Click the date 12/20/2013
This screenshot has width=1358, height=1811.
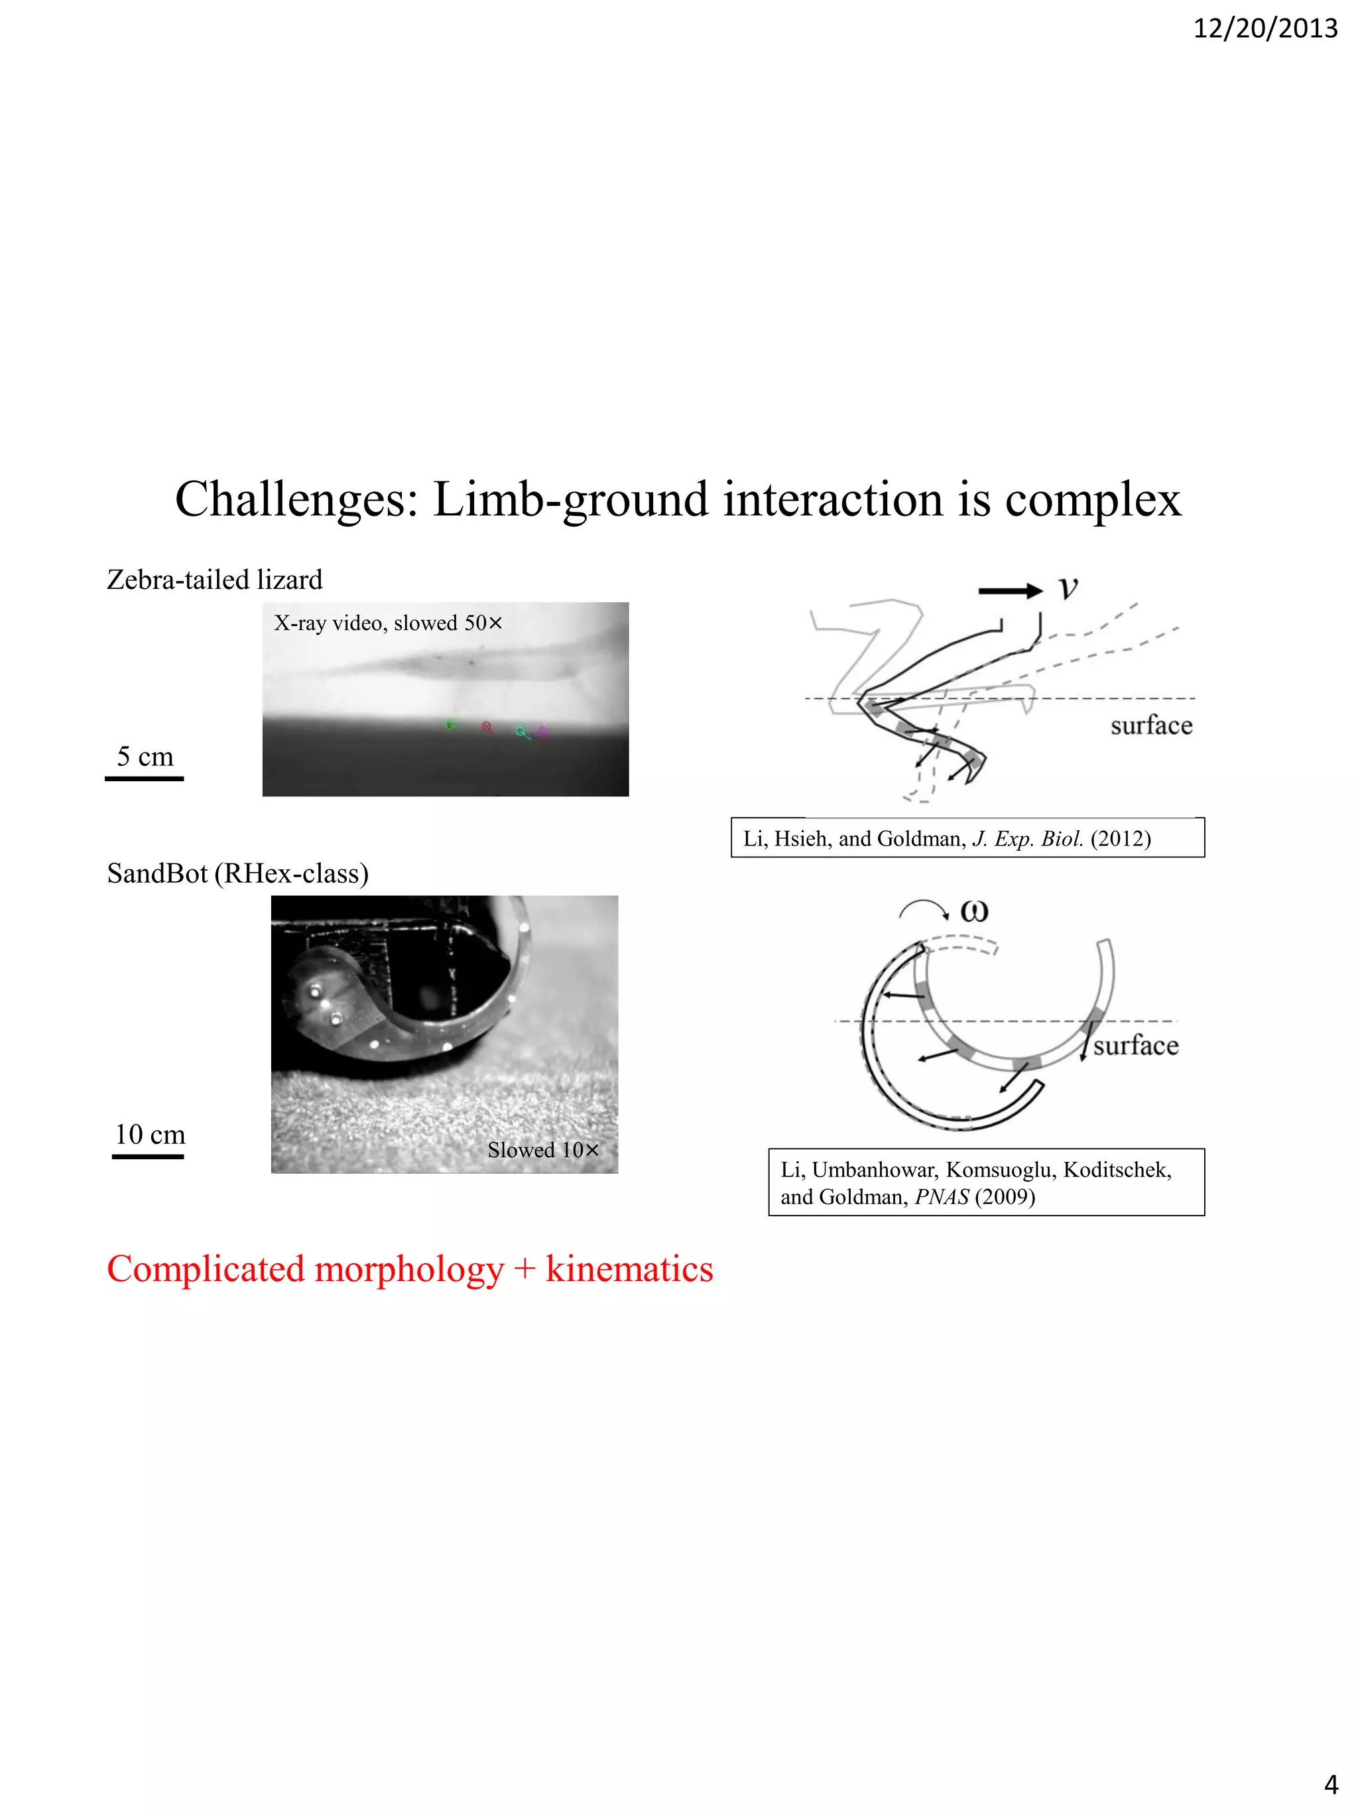[1265, 29]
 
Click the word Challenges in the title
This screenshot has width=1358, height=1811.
[296, 499]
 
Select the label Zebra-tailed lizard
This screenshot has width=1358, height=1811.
[214, 580]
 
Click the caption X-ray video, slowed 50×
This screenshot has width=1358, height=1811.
[387, 623]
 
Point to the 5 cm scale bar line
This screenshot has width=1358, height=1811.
[144, 779]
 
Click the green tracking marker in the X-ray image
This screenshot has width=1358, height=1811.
[450, 725]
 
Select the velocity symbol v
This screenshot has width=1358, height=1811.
[1068, 588]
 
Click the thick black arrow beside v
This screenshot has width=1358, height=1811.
[1010, 591]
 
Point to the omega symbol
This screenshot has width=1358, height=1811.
[974, 910]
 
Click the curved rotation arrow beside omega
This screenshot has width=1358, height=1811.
[923, 908]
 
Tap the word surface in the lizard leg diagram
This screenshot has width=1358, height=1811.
[1151, 725]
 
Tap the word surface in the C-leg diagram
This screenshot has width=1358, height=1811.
[1135, 1046]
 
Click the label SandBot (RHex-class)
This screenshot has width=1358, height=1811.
[237, 873]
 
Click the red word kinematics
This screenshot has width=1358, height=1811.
[629, 1269]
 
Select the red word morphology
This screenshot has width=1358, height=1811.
[408, 1269]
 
